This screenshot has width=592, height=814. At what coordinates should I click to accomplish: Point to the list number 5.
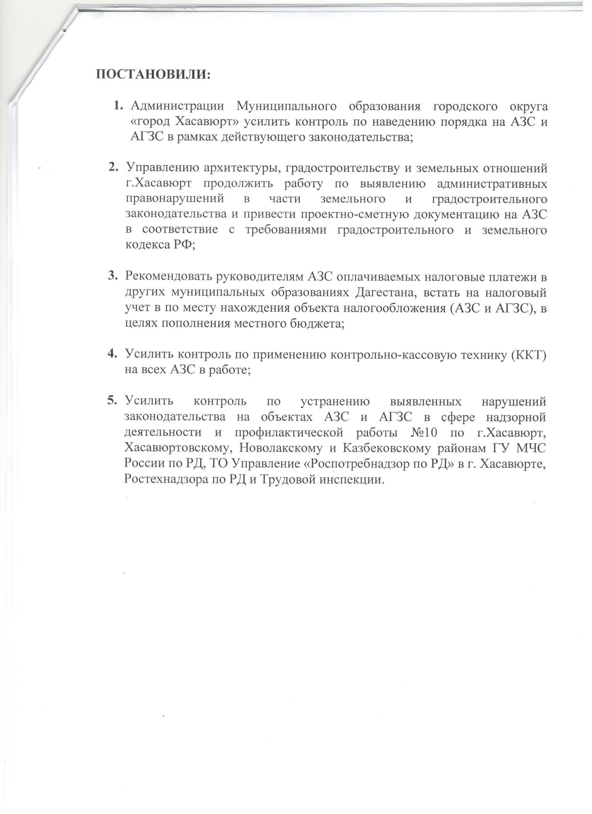pyautogui.click(x=112, y=400)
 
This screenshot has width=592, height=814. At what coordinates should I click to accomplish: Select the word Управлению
pyautogui.click(x=162, y=168)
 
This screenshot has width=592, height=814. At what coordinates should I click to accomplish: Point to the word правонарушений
pyautogui.click(x=175, y=198)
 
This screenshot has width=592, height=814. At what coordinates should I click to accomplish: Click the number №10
pyautogui.click(x=423, y=432)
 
